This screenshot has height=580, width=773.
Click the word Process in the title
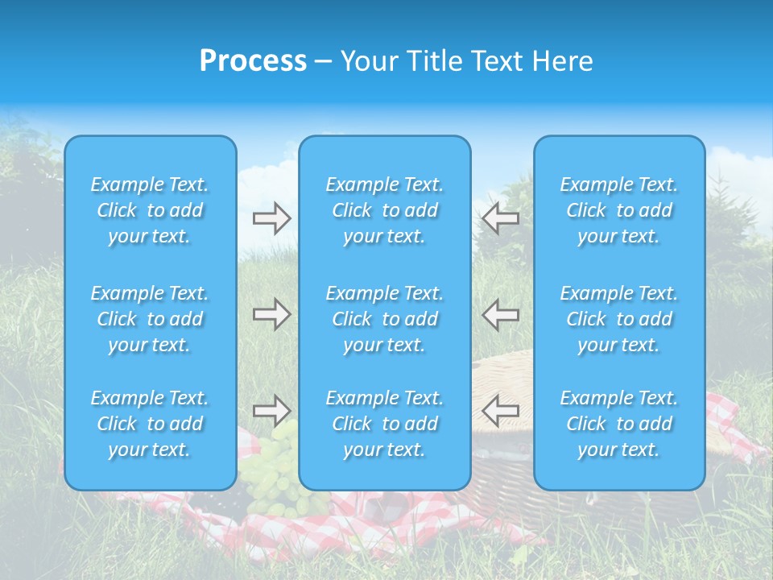(x=253, y=61)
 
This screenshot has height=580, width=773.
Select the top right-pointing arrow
(x=271, y=218)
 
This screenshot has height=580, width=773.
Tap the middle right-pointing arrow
(x=271, y=314)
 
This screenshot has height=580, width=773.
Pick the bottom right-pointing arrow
(x=271, y=411)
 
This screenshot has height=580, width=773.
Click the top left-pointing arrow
(x=501, y=218)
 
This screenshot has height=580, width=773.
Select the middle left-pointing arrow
(x=501, y=314)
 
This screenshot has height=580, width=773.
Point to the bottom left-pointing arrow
(x=501, y=411)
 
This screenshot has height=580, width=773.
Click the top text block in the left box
(x=150, y=210)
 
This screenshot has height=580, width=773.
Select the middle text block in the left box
(x=150, y=319)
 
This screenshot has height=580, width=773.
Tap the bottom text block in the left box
(x=150, y=424)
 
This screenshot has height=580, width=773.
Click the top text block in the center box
(x=384, y=210)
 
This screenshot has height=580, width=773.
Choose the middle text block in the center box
(x=384, y=319)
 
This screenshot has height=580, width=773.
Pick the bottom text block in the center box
(x=384, y=424)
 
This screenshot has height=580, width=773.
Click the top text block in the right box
(x=618, y=210)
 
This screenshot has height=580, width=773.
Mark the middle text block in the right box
(x=618, y=319)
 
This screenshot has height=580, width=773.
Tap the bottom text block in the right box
(x=618, y=424)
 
